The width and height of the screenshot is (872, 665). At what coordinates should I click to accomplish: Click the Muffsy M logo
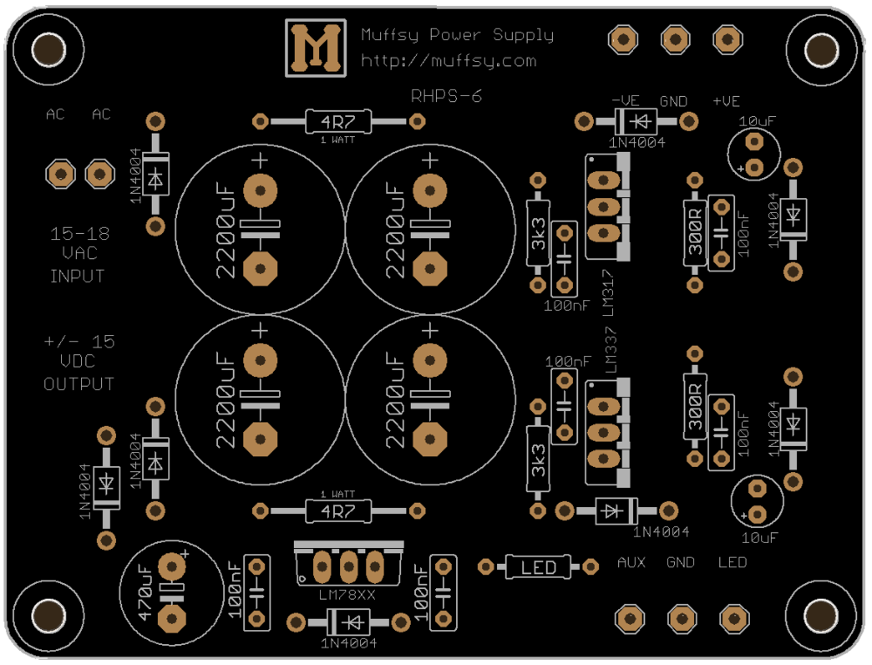(316, 48)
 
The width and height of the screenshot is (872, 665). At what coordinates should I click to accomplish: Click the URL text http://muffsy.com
(449, 61)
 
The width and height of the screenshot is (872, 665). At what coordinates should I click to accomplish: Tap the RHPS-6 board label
(446, 96)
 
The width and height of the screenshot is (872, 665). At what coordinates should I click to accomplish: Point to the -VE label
(625, 100)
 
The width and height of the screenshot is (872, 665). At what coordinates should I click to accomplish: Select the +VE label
(726, 101)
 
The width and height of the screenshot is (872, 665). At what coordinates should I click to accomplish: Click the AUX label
(631, 563)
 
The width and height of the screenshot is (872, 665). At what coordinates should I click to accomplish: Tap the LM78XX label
(347, 595)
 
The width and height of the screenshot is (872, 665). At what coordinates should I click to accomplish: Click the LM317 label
(609, 292)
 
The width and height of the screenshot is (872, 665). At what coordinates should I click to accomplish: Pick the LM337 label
(610, 351)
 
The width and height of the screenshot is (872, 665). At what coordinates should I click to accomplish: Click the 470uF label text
(144, 593)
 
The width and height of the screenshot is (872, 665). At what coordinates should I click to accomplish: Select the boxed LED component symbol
(538, 567)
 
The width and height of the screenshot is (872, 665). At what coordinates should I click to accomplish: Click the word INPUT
(78, 276)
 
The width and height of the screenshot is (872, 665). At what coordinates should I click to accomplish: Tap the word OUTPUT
(79, 384)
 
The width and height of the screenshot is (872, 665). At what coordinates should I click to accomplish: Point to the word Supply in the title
(523, 36)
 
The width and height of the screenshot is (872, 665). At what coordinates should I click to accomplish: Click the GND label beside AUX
(681, 563)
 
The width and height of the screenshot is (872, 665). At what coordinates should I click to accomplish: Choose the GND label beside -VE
(674, 101)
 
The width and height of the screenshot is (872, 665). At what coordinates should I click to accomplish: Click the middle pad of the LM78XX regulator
(349, 567)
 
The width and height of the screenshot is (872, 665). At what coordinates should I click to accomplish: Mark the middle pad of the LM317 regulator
(603, 207)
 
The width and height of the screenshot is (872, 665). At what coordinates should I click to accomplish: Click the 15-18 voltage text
(79, 234)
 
